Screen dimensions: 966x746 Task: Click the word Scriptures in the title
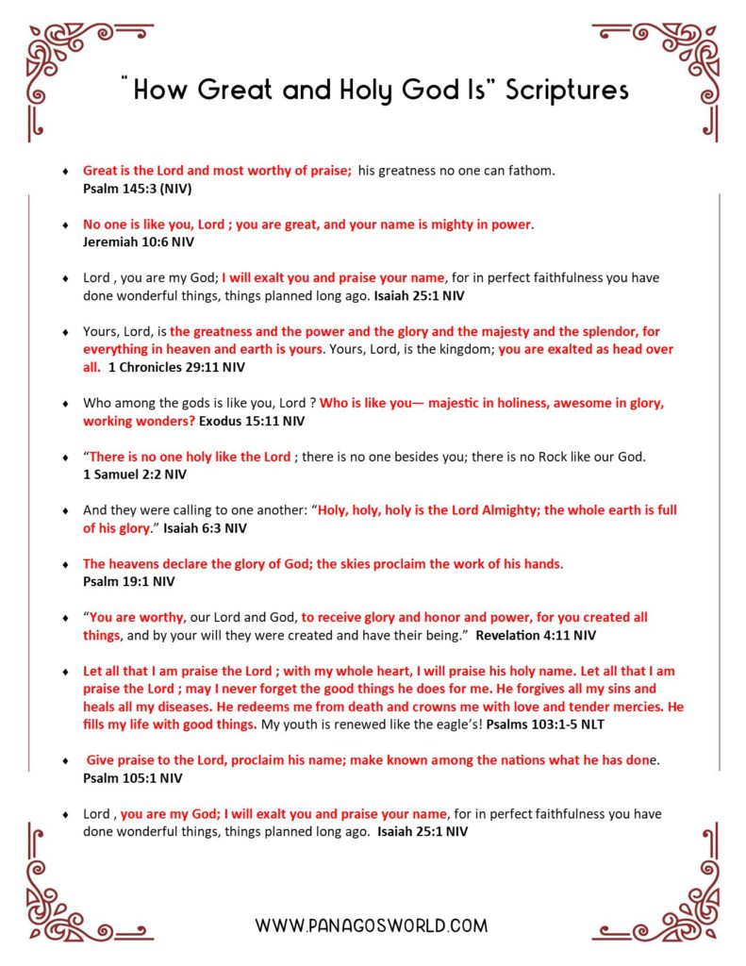(x=567, y=91)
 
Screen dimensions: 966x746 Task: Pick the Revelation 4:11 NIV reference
(x=536, y=636)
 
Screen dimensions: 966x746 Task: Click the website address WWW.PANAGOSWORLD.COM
(x=372, y=926)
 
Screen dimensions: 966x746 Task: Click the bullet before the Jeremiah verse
(x=64, y=225)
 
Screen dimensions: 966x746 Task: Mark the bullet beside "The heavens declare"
(x=64, y=564)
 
